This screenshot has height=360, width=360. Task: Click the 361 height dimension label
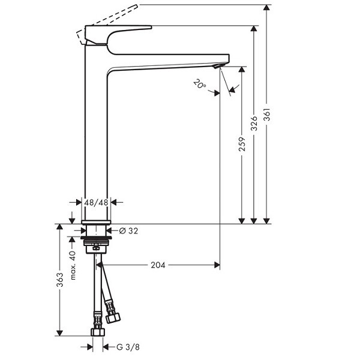[x=267, y=115]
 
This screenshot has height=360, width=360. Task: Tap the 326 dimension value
[x=254, y=124]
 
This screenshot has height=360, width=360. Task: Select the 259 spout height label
[x=242, y=144]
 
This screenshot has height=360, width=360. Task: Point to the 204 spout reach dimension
[x=158, y=265]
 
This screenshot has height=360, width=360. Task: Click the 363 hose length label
[x=60, y=280]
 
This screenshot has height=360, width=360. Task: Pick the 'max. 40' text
[x=73, y=265]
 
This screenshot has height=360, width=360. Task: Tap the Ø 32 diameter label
[x=128, y=231]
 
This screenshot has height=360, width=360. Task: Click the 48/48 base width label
[x=96, y=203]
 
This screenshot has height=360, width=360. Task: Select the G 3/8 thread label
[x=128, y=347]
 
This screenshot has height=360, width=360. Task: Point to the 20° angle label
[x=200, y=84]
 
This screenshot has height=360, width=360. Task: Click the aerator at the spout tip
[x=217, y=67]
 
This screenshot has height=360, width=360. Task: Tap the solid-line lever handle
[x=115, y=34]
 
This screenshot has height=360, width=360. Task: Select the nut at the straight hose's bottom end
[x=98, y=332]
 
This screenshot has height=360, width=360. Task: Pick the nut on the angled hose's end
[x=113, y=318]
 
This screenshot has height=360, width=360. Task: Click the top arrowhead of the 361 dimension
[x=266, y=7]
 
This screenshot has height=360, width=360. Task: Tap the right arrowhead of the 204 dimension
[x=217, y=265]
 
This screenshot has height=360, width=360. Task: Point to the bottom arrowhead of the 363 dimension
[x=59, y=333]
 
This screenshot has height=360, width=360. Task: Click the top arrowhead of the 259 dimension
[x=242, y=70]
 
